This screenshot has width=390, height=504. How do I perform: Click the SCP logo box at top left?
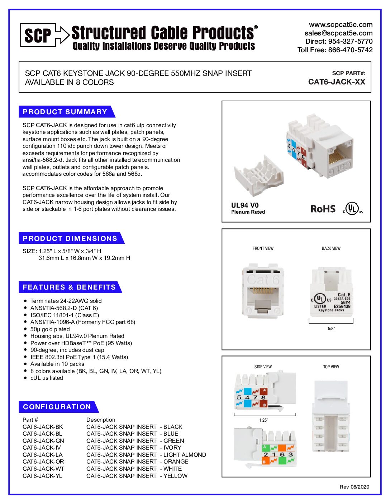(x=38, y=35)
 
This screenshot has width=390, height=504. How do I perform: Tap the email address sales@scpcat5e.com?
(x=338, y=33)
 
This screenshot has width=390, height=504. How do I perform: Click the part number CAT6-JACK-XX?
(x=337, y=82)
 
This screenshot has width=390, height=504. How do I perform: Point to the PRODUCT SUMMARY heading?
(x=65, y=112)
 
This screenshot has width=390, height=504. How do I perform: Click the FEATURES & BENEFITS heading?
(x=69, y=287)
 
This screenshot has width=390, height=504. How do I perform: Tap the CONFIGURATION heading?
(x=57, y=407)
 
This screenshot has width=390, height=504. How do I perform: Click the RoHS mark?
(x=323, y=209)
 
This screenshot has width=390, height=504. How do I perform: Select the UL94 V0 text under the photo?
(x=245, y=205)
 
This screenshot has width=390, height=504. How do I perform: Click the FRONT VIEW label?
(x=263, y=248)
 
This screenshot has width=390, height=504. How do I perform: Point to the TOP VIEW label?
(x=331, y=367)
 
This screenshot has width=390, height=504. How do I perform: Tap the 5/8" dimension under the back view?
(x=331, y=328)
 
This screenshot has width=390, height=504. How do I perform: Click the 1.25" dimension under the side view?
(x=263, y=420)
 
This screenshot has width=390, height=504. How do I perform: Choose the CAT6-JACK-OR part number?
(x=43, y=461)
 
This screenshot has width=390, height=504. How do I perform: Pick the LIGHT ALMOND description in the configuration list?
(x=185, y=455)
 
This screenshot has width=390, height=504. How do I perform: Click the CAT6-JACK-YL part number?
(x=42, y=476)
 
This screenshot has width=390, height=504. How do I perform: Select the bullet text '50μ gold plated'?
(x=50, y=329)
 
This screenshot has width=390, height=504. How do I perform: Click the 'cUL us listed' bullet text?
(x=47, y=378)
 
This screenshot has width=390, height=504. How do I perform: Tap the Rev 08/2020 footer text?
(x=354, y=486)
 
